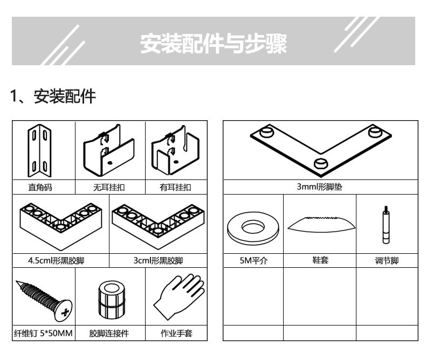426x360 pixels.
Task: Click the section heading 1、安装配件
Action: tap(53, 97)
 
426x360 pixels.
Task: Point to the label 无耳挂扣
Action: tap(110, 188)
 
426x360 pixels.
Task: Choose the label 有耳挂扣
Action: tap(175, 188)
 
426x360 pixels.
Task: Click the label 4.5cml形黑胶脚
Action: tap(59, 261)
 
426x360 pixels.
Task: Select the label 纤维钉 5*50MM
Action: tap(43, 334)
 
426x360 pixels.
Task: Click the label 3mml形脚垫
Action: tap(320, 188)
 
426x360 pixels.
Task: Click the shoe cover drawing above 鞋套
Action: tap(320, 223)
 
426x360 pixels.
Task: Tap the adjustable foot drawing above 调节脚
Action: tap(386, 225)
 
